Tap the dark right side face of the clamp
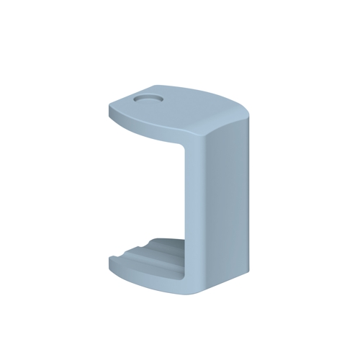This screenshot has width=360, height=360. tap(232, 202)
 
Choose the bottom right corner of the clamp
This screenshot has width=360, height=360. tap(249, 272)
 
